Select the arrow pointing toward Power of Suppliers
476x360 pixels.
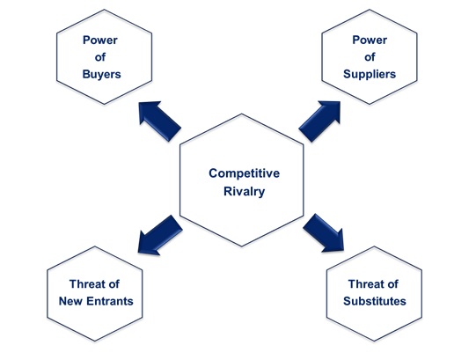[320, 118]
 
